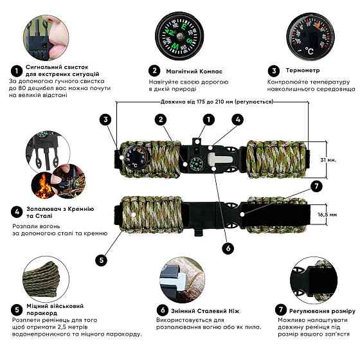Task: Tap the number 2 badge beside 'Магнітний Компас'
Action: tap(154, 71)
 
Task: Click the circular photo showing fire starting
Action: tap(47, 166)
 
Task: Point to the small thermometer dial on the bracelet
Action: tap(136, 157)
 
